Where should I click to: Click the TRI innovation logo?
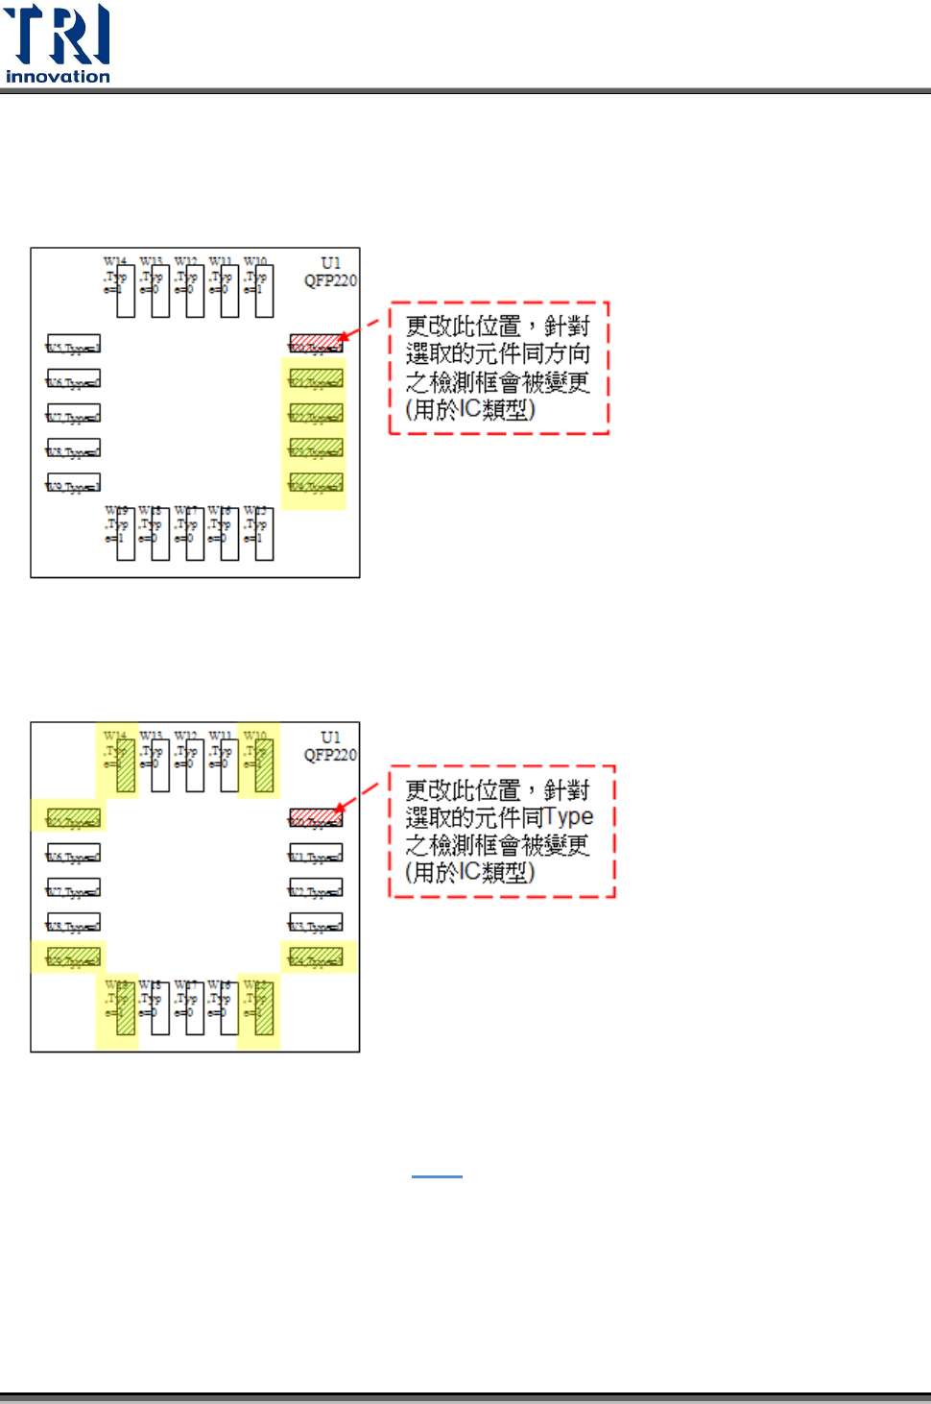58,43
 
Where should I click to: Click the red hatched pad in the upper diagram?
316,343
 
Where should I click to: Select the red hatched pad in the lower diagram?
316,817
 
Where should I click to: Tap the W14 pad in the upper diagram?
126,291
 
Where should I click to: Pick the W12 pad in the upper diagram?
195,291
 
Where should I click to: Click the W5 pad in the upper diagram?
74,344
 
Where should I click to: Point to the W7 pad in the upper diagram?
74,414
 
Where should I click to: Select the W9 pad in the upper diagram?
74,483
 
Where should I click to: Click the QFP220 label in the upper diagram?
330,280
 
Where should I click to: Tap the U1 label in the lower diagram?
330,738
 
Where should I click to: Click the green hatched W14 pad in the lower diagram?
126,765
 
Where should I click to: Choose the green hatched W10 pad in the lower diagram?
264,765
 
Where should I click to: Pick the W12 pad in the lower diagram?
195,765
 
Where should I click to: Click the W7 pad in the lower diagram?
74,888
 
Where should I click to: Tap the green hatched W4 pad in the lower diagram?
316,957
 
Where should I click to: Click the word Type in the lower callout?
568,817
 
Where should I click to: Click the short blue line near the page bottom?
437,1176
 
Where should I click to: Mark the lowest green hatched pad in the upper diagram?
316,483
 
